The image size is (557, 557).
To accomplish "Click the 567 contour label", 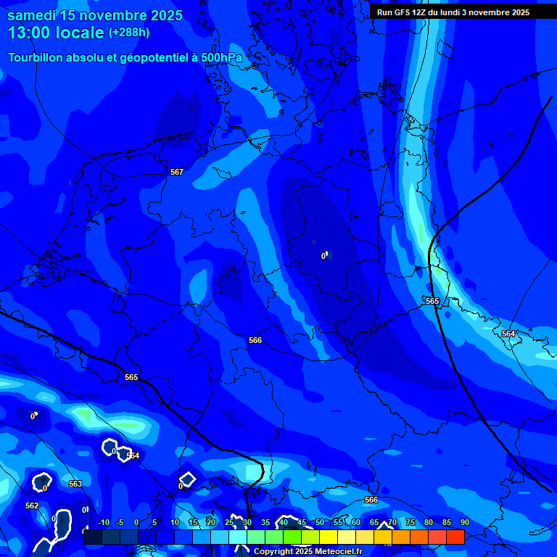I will (176, 172).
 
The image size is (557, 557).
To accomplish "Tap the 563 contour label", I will (75, 484).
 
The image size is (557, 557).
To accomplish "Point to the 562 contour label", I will (32, 506).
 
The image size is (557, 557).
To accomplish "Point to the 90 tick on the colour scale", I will (464, 522).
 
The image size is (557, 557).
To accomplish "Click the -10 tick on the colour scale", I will (103, 522).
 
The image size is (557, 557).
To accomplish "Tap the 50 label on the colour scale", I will (320, 522).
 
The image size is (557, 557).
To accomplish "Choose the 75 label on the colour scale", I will (410, 522).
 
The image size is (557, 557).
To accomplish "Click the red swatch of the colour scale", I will (455, 537).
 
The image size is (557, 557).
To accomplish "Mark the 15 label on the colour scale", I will (193, 522).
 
